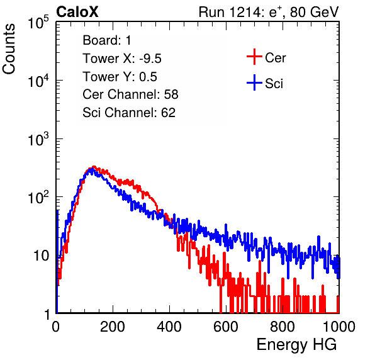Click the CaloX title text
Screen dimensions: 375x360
pos(77,12)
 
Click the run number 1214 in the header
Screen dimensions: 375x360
pos(244,12)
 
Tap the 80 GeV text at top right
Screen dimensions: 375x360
pos(314,12)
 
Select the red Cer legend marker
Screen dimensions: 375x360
pos(254,57)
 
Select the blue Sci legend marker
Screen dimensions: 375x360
pos(254,82)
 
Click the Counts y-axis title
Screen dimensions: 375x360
pos(9,49)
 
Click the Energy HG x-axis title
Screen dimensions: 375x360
pos(296,345)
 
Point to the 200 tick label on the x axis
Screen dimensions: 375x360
pos(113,327)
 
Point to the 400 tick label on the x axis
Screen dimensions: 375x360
pos(169,327)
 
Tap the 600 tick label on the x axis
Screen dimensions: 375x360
pos(226,327)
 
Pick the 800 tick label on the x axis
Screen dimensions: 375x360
pos(283,327)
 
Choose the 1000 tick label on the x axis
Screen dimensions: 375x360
pos(339,327)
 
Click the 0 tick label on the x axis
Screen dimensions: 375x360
pos(55,327)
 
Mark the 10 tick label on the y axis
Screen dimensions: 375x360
pos(41,256)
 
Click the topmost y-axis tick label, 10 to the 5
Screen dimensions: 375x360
pos(38,22)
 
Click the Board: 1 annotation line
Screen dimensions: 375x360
pos(107,40)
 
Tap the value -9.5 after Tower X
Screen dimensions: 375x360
pos(150,59)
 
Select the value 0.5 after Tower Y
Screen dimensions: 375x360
pos(148,77)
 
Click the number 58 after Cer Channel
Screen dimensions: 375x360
pos(171,94)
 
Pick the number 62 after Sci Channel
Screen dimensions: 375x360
pos(168,113)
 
